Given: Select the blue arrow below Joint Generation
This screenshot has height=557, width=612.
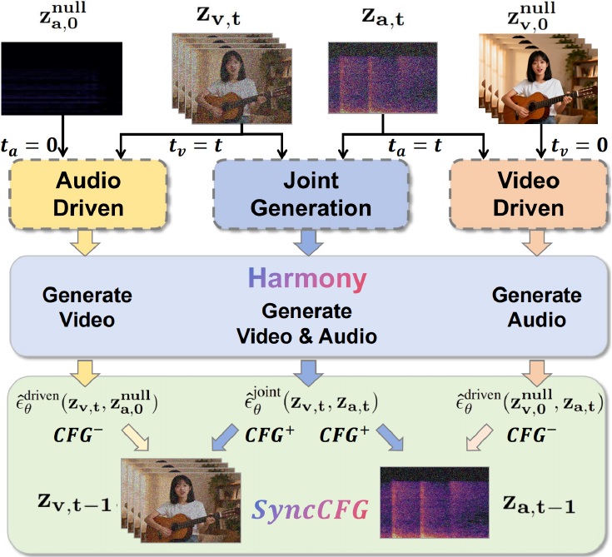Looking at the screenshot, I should pos(306,242).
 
